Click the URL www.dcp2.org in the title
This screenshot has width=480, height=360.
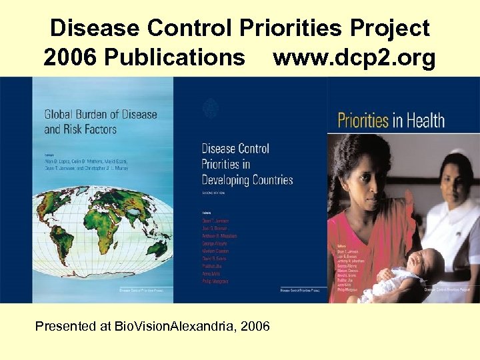point(354,58)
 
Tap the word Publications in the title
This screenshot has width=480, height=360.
point(179,58)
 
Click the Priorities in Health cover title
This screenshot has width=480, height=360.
point(391,121)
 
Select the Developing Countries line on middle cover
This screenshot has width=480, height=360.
point(247,180)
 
